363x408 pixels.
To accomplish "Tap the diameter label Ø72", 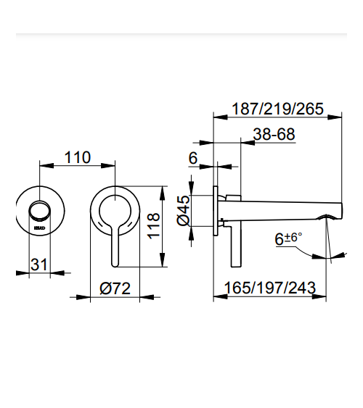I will tap(114, 288).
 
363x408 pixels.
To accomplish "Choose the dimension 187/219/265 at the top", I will tap(277, 109).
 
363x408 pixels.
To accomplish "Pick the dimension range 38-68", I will tap(274, 134).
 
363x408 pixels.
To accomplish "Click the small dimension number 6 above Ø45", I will tap(193, 158).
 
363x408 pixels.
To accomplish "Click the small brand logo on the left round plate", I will tap(40, 228).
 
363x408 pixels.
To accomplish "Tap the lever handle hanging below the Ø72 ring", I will tap(115, 249).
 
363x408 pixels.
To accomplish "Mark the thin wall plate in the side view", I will tap(215, 210).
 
